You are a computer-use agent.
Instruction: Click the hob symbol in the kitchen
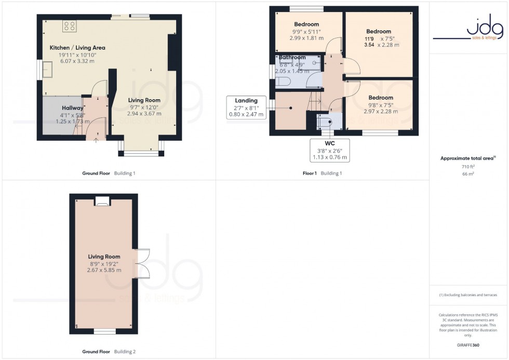tap(69, 26)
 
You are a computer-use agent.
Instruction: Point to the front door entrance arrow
tap(95, 140)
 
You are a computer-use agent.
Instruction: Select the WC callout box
tap(330, 150)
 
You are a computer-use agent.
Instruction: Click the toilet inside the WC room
tap(325, 122)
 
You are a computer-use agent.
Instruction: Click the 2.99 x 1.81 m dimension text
tap(306, 38)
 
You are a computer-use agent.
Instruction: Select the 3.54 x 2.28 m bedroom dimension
tap(381, 45)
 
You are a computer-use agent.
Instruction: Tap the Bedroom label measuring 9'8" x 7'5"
tap(381, 98)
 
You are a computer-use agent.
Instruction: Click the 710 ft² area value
tap(468, 166)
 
